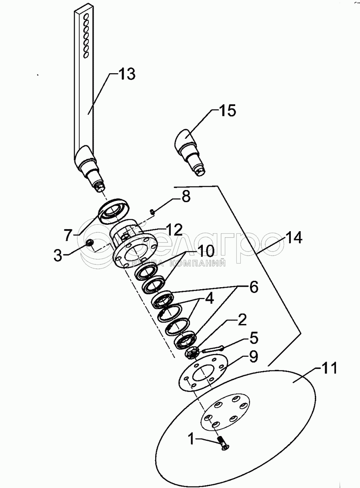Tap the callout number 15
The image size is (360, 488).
click(228, 110)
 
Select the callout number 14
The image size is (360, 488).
click(294, 238)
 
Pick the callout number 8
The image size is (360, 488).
click(186, 196)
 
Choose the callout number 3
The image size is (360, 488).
click(58, 255)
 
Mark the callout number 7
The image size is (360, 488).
click(68, 235)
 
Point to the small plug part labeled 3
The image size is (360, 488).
click(89, 242)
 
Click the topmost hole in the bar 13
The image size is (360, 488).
click(86, 16)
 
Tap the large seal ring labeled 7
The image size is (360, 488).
click(114, 211)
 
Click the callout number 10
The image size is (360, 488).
click(206, 251)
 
